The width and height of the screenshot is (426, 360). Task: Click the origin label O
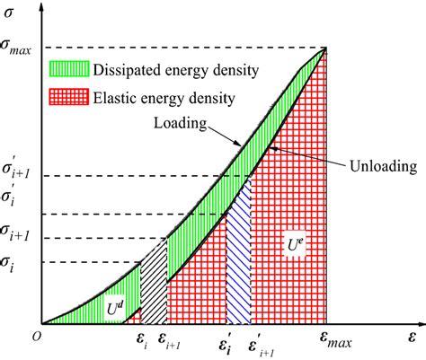pos(36,334)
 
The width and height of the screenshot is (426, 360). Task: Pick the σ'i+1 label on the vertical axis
pos(19,172)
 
